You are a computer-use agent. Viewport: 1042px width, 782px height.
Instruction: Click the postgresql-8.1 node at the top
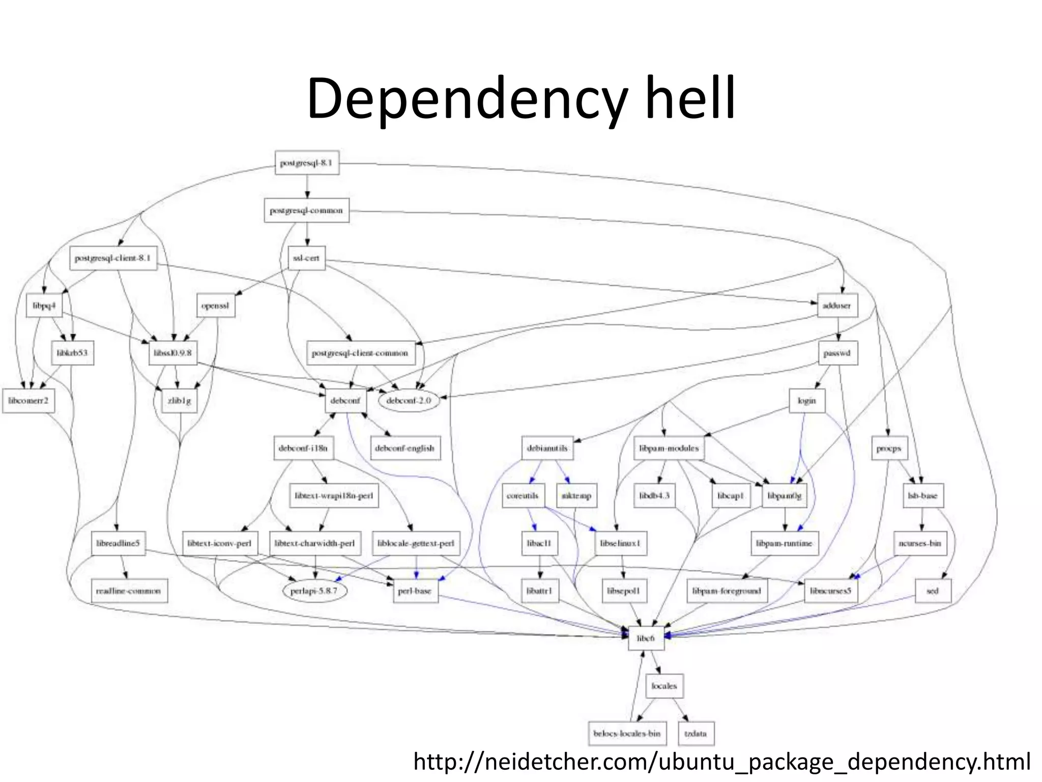[x=306, y=163]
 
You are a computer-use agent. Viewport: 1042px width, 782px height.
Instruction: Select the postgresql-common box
[x=306, y=210]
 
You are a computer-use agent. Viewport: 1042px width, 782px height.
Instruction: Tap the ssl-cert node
[x=306, y=258]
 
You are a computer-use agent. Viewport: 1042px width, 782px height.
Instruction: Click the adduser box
[x=836, y=305]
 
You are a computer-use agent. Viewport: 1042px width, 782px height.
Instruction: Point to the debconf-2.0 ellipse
[x=408, y=401]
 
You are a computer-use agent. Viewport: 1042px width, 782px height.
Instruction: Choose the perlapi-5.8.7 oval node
[x=314, y=591]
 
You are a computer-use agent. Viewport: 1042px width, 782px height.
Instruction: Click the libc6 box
[x=646, y=638]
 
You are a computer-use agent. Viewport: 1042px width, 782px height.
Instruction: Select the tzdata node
[x=696, y=734]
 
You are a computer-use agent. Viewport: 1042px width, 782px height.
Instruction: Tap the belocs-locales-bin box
[x=626, y=734]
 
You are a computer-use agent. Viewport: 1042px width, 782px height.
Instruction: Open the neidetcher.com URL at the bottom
[x=722, y=762]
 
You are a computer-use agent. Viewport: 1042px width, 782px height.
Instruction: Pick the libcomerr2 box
[x=28, y=401]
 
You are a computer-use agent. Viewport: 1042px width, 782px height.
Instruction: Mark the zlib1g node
[x=179, y=401]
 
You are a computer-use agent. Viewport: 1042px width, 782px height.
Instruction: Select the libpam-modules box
[x=669, y=449]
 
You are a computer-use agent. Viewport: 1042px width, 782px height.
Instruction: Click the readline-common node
[x=129, y=591]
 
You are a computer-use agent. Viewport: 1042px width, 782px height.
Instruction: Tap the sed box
[x=932, y=591]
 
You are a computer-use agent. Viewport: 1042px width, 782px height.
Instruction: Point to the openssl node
[x=215, y=305]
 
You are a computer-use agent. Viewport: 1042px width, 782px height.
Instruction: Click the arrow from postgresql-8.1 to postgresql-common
[x=307, y=186]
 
